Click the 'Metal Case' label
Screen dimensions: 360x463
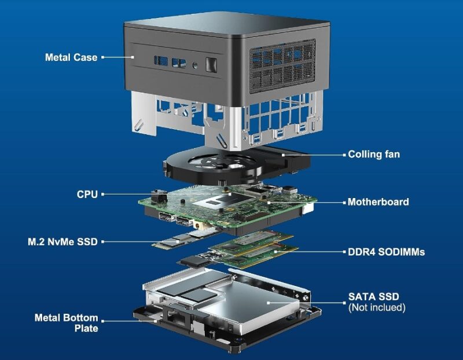coord(72,57)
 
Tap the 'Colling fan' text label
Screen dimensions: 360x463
coord(373,155)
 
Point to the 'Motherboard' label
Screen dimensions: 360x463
coord(378,202)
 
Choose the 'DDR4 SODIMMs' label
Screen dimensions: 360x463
coord(386,252)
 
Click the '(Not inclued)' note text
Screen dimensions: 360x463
coord(377,307)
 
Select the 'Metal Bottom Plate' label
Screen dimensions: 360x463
coord(66,323)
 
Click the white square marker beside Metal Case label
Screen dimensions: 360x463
coord(103,57)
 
